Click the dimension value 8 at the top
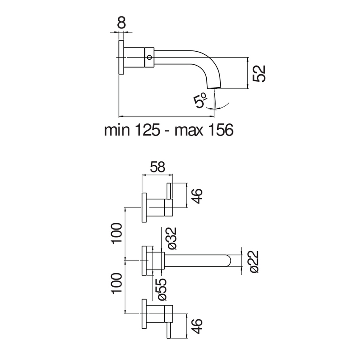coord(122,23)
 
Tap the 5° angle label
coord(200,100)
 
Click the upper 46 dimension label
coord(197,195)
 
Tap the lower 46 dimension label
coord(197,326)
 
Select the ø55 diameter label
coord(162,290)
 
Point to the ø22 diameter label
coord(254,261)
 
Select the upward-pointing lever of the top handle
coord(169,191)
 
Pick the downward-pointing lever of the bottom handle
coord(169,330)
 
